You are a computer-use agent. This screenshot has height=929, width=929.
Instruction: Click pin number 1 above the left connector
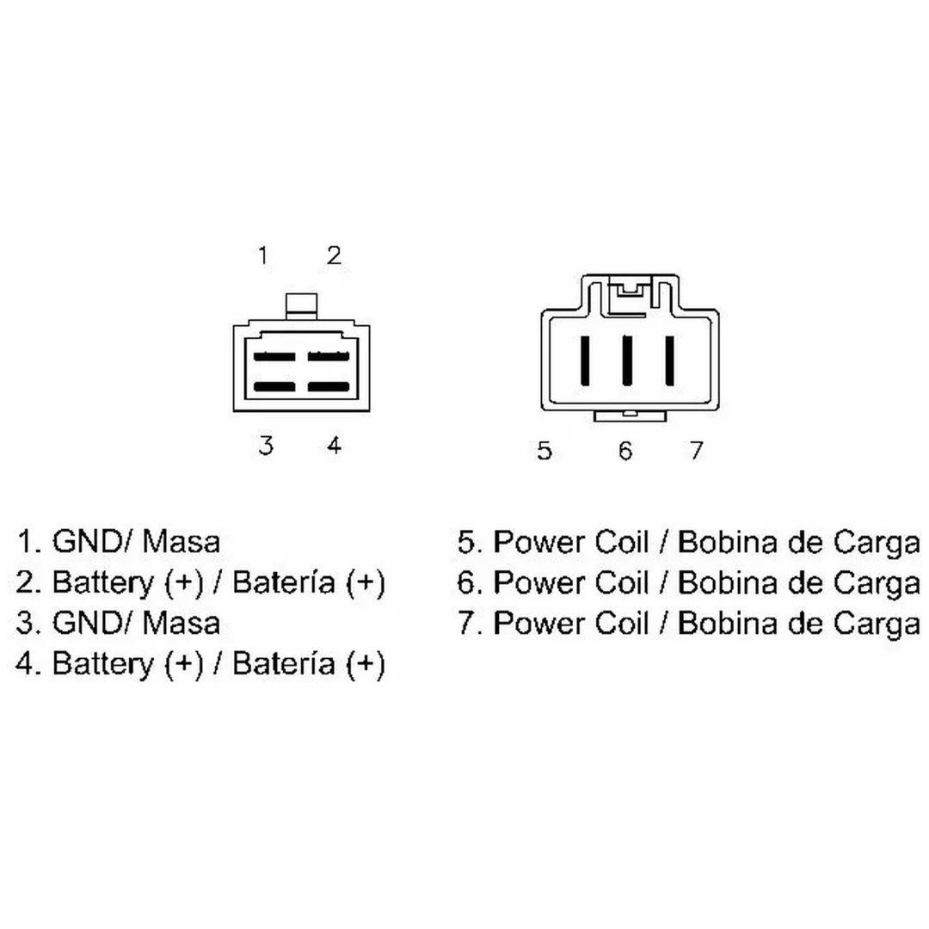[x=263, y=256]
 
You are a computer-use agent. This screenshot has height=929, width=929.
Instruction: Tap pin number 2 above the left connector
[x=334, y=256]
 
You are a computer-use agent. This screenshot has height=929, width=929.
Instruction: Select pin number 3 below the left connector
[x=266, y=446]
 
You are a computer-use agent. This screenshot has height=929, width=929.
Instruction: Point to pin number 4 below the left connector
[x=334, y=446]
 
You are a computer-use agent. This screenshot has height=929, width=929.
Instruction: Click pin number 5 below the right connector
[x=544, y=451]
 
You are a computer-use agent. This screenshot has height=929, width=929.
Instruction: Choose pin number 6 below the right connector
[x=625, y=451]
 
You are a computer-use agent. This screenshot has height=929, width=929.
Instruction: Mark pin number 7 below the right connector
[x=696, y=451]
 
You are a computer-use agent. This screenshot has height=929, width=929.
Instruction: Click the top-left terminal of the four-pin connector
[x=274, y=357]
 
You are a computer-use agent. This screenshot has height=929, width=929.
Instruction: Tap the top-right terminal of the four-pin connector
[x=329, y=357]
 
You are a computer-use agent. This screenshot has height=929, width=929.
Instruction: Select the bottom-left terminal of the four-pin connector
[x=274, y=387]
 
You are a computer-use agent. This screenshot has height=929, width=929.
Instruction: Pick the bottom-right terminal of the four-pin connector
[x=329, y=387]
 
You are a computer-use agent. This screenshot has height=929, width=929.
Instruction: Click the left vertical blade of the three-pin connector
[x=585, y=360]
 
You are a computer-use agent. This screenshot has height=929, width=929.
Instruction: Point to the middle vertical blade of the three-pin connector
[x=625, y=360]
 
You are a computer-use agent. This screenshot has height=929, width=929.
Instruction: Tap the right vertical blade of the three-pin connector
[x=669, y=360]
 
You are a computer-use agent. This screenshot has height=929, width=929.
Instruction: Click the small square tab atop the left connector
[x=301, y=307]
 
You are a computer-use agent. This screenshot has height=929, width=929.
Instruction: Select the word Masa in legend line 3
[x=181, y=624]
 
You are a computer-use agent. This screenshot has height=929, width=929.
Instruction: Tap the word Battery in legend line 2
[x=103, y=583]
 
